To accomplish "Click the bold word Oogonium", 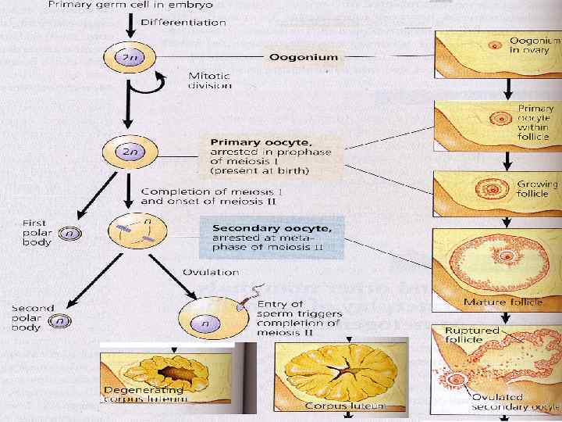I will (x=303, y=56).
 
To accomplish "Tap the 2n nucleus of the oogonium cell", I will (x=125, y=57).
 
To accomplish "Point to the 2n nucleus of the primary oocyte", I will (x=125, y=153).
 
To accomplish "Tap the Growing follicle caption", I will (x=537, y=190).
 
